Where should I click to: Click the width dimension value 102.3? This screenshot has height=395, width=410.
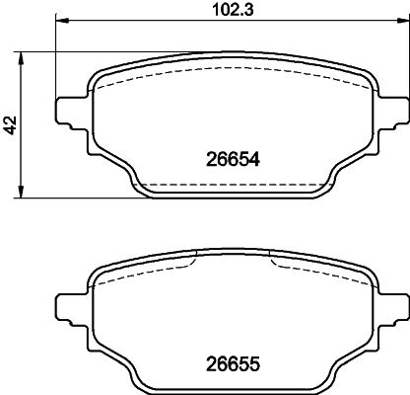point(231,13)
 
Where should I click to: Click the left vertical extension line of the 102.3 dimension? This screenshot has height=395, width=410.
point(56,59)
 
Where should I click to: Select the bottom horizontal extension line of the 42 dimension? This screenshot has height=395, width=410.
point(79,197)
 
